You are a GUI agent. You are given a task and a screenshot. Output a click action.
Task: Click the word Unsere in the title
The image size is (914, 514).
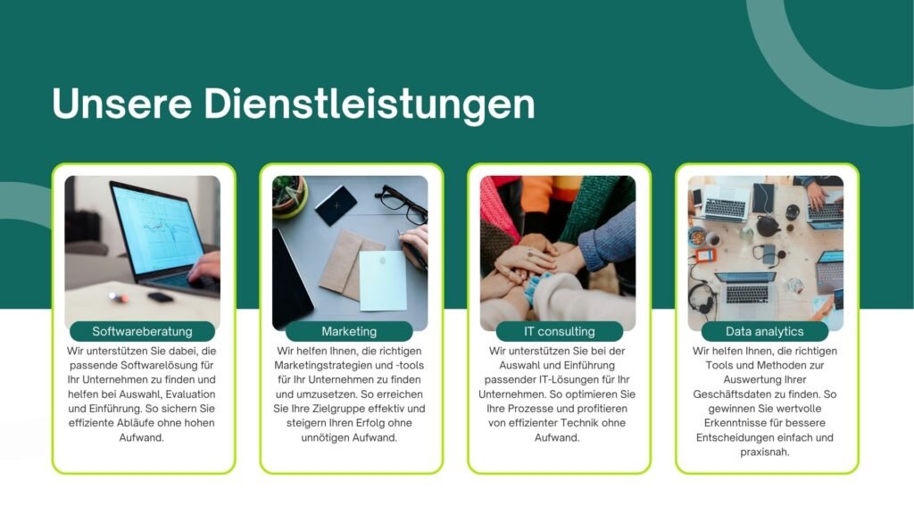(x=121, y=104)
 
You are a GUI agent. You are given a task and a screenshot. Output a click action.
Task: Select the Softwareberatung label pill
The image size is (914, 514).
(x=142, y=332)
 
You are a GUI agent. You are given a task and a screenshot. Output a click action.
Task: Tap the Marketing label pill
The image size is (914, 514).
(x=349, y=332)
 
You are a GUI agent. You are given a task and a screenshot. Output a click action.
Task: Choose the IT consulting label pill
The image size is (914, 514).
(x=559, y=332)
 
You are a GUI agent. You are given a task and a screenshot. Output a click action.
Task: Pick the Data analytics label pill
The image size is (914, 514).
(x=765, y=332)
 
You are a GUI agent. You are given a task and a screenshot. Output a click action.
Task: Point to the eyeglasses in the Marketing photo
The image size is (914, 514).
(x=402, y=203)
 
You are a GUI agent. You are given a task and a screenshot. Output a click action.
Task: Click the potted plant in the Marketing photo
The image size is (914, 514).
(x=289, y=195)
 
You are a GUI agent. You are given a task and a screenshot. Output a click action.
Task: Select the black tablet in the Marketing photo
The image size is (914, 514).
(x=292, y=278)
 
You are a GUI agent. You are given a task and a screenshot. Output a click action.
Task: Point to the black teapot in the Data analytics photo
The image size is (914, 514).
(x=769, y=225)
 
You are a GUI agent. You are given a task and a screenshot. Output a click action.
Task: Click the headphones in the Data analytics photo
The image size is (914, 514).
(x=702, y=296)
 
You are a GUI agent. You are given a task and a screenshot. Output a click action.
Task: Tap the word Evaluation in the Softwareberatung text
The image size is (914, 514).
(x=190, y=394)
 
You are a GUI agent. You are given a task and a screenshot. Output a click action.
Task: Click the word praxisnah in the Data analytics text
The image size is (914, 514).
(x=764, y=452)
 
